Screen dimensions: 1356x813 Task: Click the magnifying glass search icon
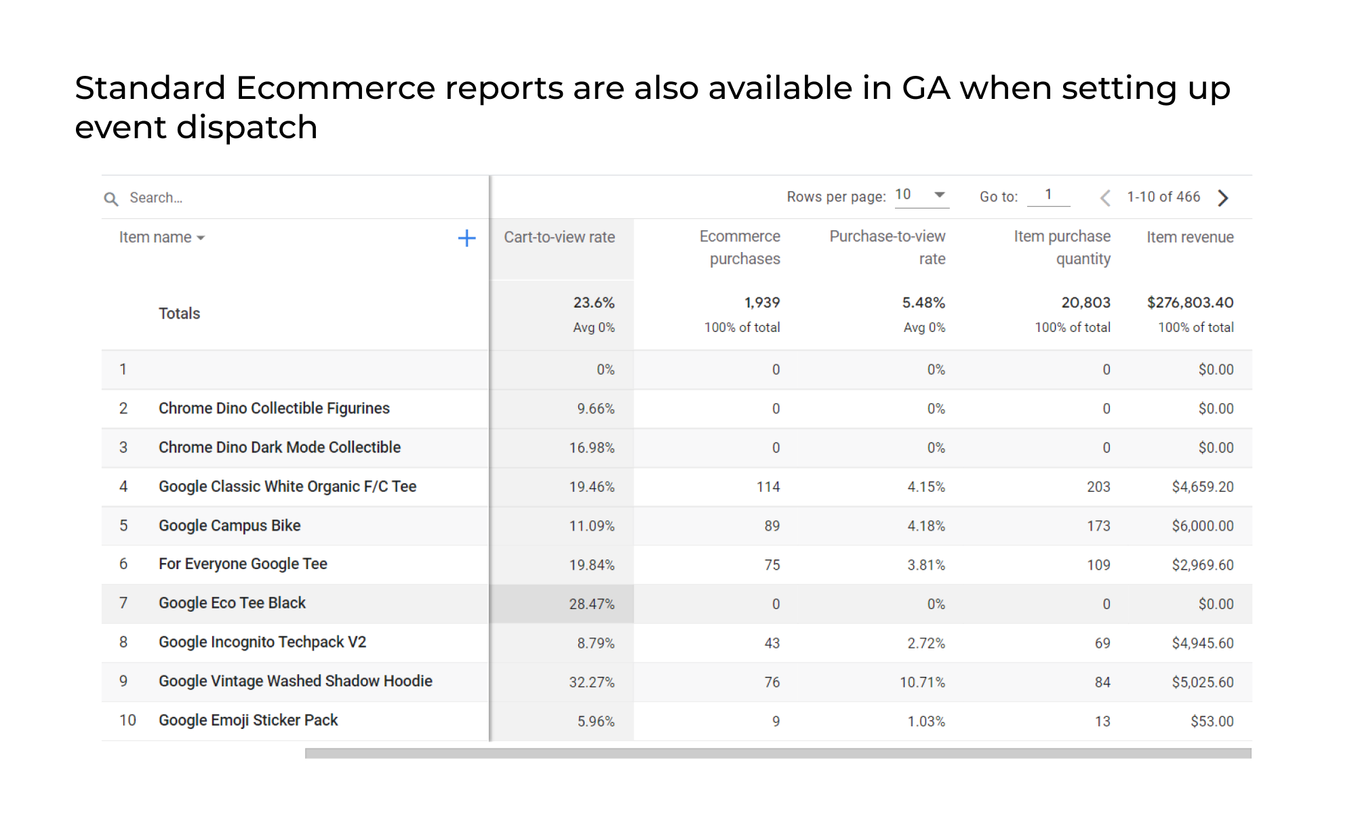(111, 199)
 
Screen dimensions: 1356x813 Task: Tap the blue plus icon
(466, 238)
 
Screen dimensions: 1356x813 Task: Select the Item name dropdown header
(161, 237)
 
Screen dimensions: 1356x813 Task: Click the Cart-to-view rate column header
(559, 237)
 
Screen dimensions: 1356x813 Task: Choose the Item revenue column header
(1190, 237)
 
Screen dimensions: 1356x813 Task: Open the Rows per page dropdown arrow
(940, 194)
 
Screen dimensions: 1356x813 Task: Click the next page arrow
(1223, 197)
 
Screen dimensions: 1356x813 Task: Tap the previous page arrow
(1105, 197)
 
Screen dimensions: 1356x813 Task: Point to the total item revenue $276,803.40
(1190, 302)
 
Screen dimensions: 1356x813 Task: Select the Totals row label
(179, 314)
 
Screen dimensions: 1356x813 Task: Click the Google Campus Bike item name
(229, 526)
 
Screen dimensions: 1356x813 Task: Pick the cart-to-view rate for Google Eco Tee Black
(592, 604)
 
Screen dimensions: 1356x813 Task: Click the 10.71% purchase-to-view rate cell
(922, 682)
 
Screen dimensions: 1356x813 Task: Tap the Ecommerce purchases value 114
(768, 486)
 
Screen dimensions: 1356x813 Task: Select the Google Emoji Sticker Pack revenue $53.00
(1212, 721)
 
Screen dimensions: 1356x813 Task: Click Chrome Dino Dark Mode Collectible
(279, 447)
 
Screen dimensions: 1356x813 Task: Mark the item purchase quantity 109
(1098, 565)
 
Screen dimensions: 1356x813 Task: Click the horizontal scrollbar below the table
(778, 753)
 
